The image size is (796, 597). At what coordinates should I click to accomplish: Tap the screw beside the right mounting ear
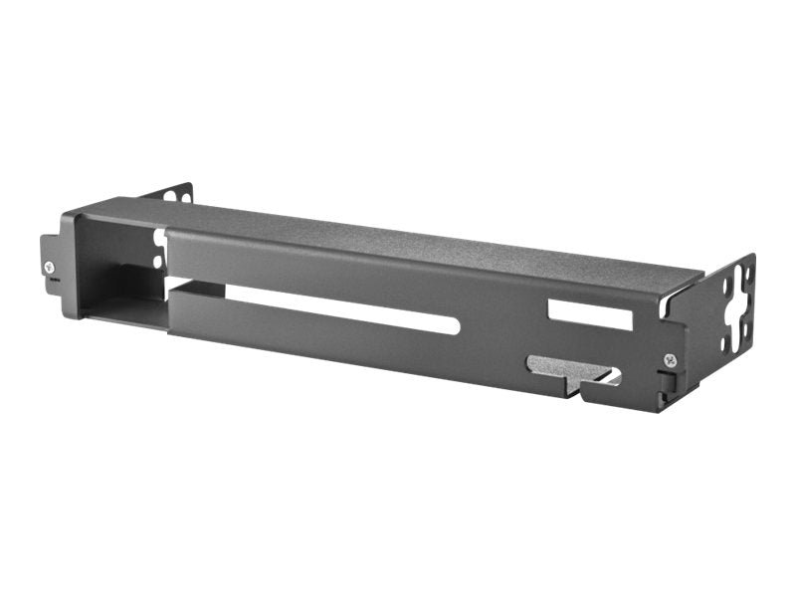click(x=669, y=359)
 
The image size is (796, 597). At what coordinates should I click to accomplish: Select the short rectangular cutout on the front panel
click(x=590, y=314)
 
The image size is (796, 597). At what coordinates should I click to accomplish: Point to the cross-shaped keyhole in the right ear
click(x=739, y=316)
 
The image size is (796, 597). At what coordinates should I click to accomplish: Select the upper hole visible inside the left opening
click(x=159, y=240)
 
